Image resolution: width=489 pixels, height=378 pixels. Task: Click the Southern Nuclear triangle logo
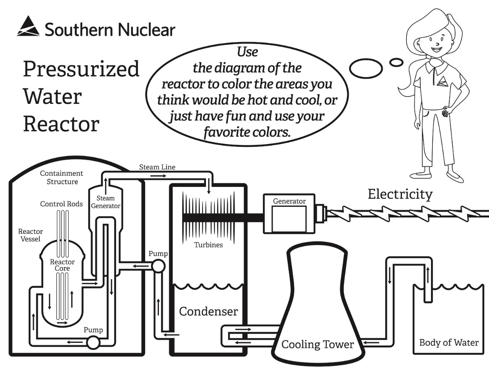28,27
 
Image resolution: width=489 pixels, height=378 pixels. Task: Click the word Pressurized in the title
81,69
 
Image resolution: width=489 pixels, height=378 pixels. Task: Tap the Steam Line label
157,167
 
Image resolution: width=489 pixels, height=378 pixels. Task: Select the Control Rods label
61,204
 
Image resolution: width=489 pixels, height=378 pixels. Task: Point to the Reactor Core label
62,265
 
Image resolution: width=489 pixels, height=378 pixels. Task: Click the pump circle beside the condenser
158,266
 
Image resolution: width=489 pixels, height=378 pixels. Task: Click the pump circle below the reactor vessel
93,342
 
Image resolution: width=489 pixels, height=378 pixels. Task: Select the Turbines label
208,245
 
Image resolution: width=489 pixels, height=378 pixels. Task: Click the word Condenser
208,311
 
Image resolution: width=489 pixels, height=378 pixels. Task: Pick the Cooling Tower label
317,344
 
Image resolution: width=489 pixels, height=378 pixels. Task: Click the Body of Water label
449,342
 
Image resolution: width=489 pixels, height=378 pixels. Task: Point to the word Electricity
400,194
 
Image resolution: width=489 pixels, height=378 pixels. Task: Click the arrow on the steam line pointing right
158,176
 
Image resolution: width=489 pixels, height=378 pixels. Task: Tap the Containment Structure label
62,178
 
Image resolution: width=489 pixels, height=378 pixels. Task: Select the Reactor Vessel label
31,235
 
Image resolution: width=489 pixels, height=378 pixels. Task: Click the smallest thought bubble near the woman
396,62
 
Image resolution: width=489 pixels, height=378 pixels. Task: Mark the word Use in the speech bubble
247,52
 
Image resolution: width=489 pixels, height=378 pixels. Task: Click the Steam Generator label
105,202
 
